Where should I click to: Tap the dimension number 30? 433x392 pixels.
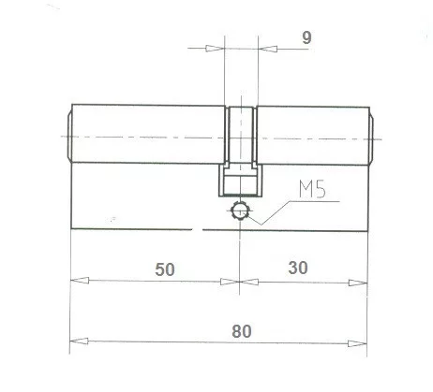tap(299, 268)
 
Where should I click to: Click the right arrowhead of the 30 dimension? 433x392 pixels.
tap(357, 281)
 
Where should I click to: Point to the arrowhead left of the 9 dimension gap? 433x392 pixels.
tap(217, 50)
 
